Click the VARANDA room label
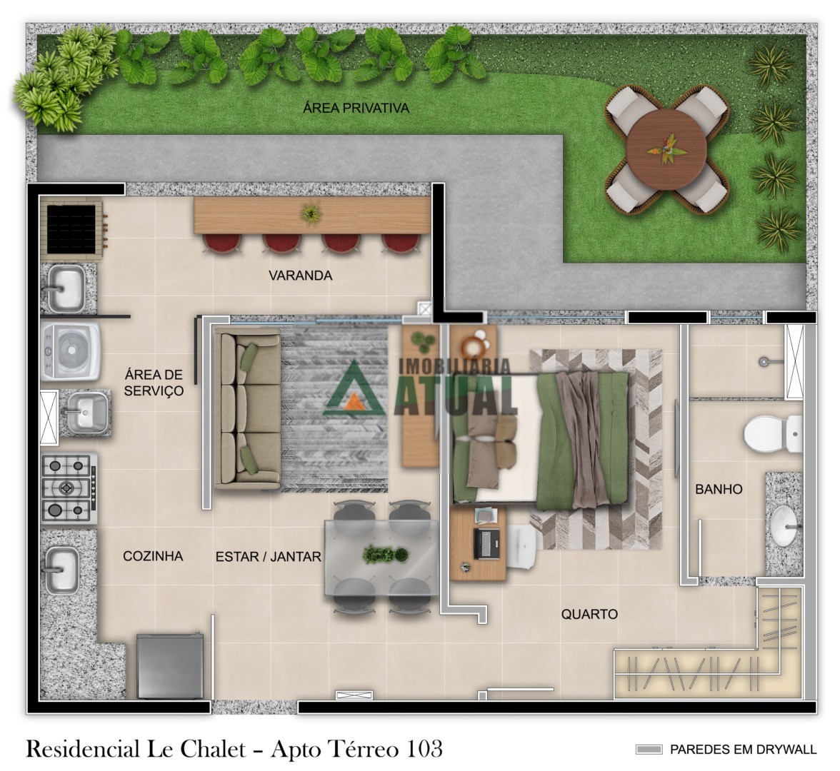pyautogui.click(x=300, y=276)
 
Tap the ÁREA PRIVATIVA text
pyautogui.click(x=356, y=109)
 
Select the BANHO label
pyautogui.click(x=719, y=489)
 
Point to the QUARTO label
pyautogui.click(x=589, y=614)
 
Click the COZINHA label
pyautogui.click(x=153, y=556)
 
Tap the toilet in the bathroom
pyautogui.click(x=773, y=434)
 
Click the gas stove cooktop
pyautogui.click(x=69, y=488)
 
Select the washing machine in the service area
pyautogui.click(x=70, y=351)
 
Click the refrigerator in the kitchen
pyautogui.click(x=170, y=666)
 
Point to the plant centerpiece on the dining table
pyautogui.click(x=385, y=555)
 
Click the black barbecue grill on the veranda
pyautogui.click(x=71, y=229)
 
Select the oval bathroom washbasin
pyautogui.click(x=784, y=526)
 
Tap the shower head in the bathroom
pyautogui.click(x=764, y=363)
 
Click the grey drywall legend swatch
pyautogui.click(x=649, y=750)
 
